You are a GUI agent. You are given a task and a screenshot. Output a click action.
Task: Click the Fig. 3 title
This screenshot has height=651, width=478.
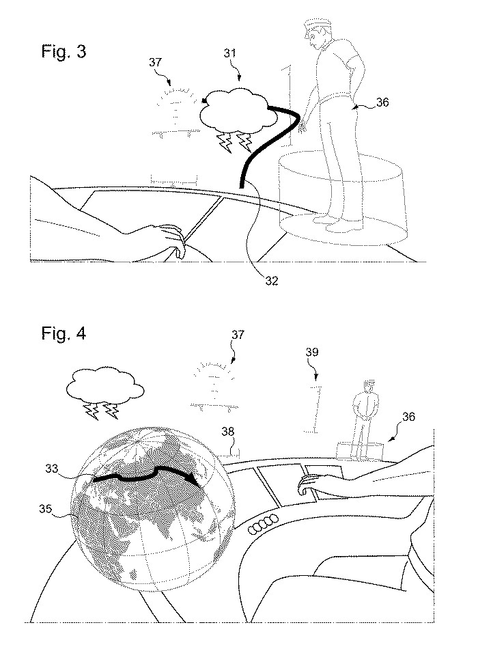tap(64, 51)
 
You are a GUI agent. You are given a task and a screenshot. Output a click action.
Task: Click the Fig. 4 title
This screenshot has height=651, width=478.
tap(64, 333)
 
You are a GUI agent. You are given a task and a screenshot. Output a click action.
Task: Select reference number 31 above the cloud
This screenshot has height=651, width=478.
tap(229, 53)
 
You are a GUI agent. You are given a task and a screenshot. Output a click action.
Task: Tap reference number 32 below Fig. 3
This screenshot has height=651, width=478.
tap(272, 281)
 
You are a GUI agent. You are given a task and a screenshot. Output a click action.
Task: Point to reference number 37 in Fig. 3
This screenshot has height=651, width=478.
tap(155, 62)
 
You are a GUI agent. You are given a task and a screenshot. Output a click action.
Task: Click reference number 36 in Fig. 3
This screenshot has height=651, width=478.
tap(382, 102)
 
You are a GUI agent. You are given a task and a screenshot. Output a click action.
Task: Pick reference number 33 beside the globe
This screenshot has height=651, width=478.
tap(52, 469)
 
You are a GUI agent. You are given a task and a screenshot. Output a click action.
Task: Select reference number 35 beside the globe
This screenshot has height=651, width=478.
tap(46, 509)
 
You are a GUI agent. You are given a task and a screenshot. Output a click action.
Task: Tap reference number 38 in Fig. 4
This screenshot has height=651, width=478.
tap(228, 432)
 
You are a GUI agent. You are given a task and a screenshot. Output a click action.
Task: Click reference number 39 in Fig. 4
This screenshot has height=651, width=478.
tap(312, 352)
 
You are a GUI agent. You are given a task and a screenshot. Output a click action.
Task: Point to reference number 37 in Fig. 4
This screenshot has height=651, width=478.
tap(238, 335)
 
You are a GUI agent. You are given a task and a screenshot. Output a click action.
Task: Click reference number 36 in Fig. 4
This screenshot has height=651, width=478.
tap(409, 417)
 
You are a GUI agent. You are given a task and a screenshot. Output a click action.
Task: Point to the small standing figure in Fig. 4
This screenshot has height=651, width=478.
tap(365, 419)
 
